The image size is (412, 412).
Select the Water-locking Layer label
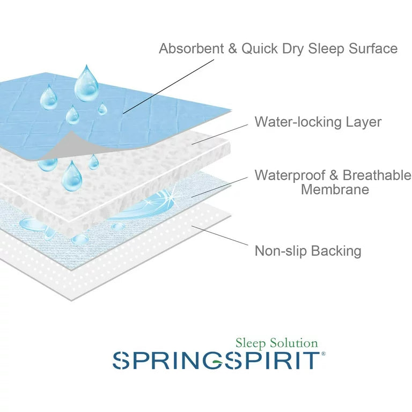318,122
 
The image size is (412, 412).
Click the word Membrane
335,189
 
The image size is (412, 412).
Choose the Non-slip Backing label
307,251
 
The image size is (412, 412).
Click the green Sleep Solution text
277,343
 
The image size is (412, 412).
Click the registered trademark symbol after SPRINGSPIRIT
322,354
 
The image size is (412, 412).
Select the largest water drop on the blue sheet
86,85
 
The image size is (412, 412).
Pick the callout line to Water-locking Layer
220,134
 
